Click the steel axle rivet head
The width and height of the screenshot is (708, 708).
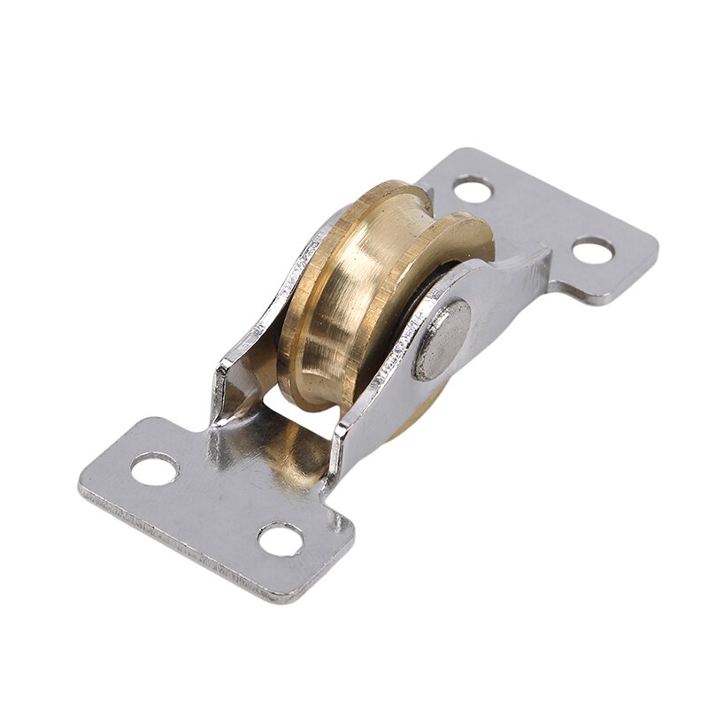coord(442,340)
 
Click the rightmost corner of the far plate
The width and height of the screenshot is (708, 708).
coord(657,237)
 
